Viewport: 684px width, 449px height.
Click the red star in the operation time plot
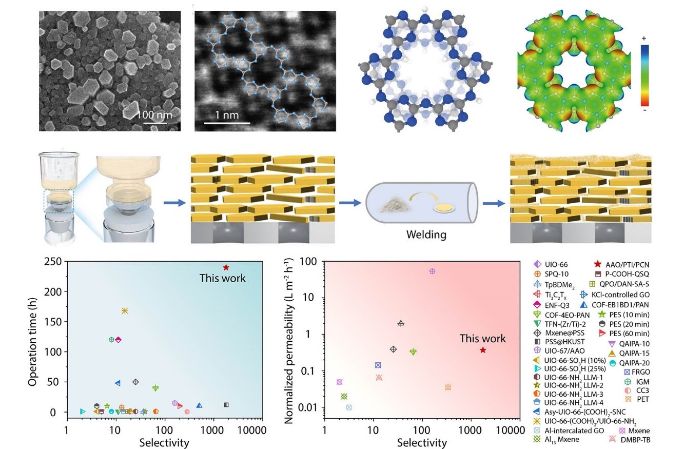click(x=226, y=267)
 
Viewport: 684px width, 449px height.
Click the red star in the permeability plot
click(x=483, y=350)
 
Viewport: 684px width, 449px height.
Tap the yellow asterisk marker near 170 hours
click(x=124, y=311)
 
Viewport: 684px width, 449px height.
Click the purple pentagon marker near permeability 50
click(x=432, y=271)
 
